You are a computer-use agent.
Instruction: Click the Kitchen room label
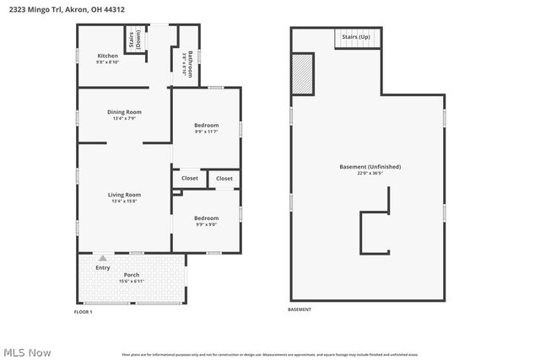tap(107, 56)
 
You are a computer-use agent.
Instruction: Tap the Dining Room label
tap(124, 112)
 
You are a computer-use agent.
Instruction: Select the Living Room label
tap(124, 196)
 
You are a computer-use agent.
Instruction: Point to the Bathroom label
tap(190, 64)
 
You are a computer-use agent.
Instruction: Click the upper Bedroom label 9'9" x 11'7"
tap(207, 126)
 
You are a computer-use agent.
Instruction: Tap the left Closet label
tap(190, 178)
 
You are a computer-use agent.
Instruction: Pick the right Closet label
tap(224, 178)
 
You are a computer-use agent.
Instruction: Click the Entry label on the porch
tap(103, 267)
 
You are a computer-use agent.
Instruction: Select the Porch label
tap(132, 275)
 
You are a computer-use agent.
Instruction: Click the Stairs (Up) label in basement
tap(356, 38)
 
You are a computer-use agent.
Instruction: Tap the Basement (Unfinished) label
tap(370, 167)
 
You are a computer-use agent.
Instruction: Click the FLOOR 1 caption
tap(84, 312)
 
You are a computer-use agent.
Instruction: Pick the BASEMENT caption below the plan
tap(300, 309)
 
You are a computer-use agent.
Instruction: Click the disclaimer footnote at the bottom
tap(269, 355)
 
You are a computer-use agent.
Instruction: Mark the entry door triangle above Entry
tap(103, 257)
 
